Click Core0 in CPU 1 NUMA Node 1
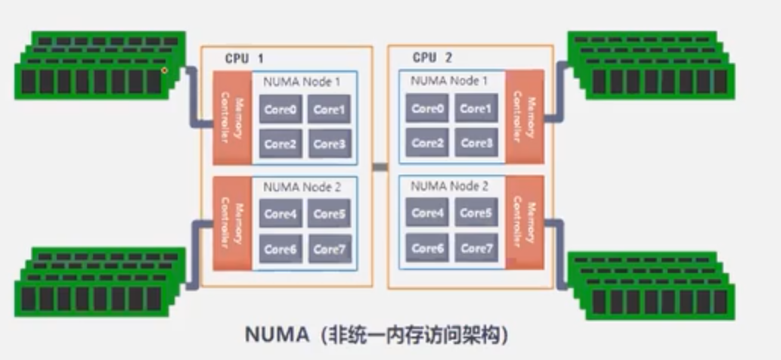280,110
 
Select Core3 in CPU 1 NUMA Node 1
329,144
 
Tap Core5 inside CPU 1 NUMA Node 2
329,215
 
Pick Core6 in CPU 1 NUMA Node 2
280,249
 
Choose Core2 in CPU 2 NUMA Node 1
427,143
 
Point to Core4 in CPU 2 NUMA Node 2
427,214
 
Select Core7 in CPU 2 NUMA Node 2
476,248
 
